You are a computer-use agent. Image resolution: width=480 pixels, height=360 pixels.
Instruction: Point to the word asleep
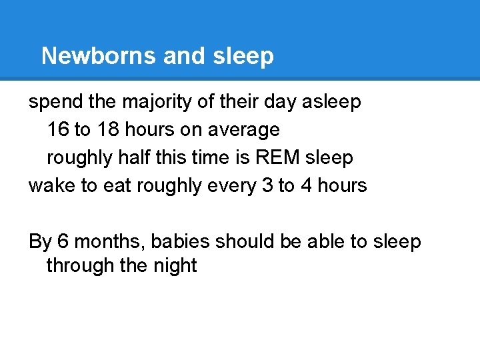pyautogui.click(x=331, y=102)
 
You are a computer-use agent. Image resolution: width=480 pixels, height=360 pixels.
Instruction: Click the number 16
pyautogui.click(x=58, y=129)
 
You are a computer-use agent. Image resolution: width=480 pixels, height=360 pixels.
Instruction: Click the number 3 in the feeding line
pyautogui.click(x=266, y=185)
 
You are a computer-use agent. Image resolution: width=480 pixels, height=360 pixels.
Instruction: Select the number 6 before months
pyautogui.click(x=62, y=241)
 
